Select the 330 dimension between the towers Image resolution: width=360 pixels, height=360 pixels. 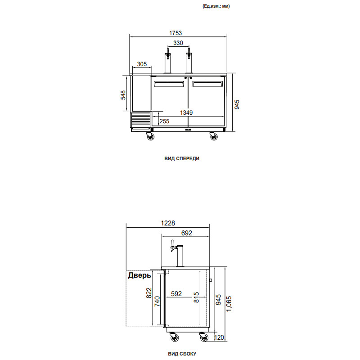coord(178,43)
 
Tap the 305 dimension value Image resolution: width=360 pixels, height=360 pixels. coord(142,64)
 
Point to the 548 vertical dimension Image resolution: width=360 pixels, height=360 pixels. coord(123,94)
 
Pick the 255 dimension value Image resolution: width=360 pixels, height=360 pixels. coord(164,121)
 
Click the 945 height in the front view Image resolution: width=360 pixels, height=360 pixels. coord(238,104)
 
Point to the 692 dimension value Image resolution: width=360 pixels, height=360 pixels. coord(186,233)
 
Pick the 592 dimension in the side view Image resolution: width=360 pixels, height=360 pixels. coord(175,294)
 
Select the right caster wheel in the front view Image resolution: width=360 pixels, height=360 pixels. coord(212,136)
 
